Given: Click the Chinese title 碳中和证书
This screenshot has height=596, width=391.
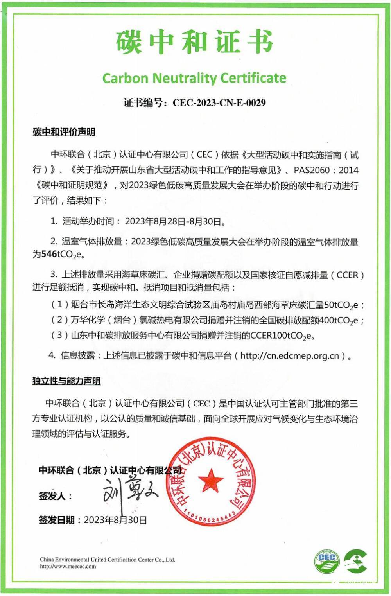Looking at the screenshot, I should click(194, 41).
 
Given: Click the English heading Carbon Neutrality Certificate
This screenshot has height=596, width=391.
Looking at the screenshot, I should click(194, 78).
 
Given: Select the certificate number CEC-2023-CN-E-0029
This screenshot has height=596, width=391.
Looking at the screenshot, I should click(219, 103).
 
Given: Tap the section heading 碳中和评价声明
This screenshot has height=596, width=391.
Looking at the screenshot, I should click(64, 132).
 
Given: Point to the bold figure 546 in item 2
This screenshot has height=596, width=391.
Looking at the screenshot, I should click(49, 254).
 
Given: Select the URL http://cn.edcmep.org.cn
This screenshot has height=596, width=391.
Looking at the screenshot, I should click(289, 356).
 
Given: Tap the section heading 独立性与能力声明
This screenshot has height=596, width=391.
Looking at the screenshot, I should click(66, 381).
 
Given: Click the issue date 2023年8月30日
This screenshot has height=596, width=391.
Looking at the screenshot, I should click(115, 520).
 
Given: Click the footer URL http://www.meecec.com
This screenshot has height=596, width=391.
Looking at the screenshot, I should click(68, 566).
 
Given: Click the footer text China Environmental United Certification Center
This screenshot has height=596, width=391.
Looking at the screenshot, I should click(107, 559).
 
